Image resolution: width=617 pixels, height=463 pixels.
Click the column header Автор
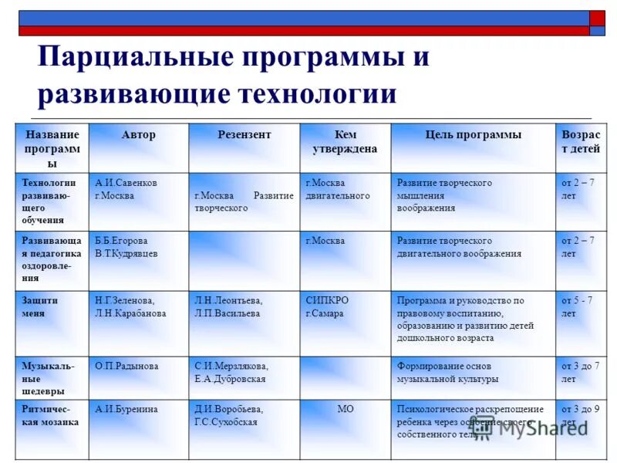click(x=138, y=135)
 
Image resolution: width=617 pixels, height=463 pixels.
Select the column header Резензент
click(x=244, y=135)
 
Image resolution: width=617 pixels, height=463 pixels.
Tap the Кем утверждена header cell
click(x=345, y=142)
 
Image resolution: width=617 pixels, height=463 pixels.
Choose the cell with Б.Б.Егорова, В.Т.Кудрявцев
click(x=126, y=247)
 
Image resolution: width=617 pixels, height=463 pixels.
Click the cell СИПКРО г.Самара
click(x=326, y=307)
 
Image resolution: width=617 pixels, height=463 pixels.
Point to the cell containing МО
click(x=345, y=409)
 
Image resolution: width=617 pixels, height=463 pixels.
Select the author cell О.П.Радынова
click(x=126, y=366)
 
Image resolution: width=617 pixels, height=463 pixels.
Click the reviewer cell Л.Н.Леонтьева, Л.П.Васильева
click(x=228, y=307)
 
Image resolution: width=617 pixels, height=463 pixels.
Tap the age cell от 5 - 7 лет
click(x=579, y=307)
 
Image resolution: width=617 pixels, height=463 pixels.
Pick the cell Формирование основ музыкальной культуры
click(x=448, y=372)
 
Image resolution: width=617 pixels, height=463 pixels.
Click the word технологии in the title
click(x=318, y=94)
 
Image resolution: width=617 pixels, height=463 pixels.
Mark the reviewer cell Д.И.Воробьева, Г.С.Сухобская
click(x=228, y=416)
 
